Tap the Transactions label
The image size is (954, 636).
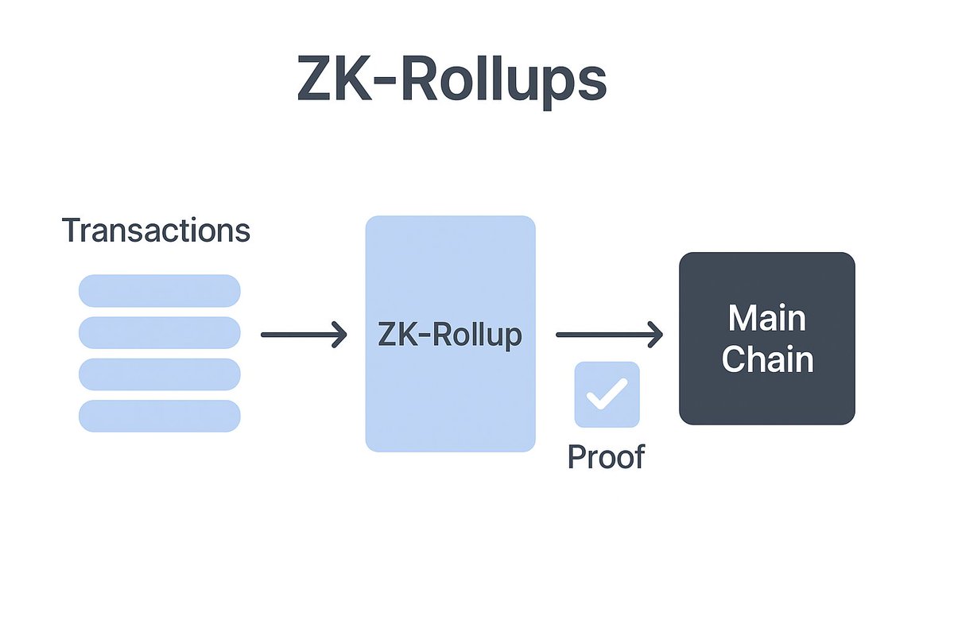156,231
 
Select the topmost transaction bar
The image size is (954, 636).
159,290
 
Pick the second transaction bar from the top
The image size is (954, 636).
159,332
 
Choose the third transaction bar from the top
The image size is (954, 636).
159,374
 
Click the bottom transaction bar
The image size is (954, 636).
159,417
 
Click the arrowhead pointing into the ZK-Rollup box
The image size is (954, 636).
340,335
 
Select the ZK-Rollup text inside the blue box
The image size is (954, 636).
450,335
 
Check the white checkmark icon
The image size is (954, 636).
607,394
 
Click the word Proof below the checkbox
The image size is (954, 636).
606,457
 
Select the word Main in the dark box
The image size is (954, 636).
766,319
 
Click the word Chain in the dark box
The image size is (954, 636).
766,359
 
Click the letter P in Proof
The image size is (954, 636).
577,457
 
